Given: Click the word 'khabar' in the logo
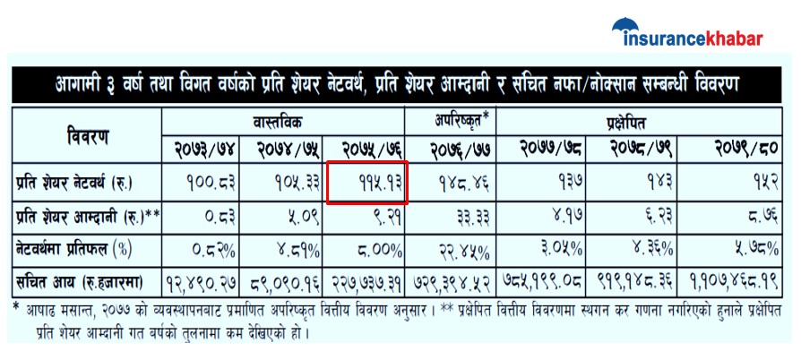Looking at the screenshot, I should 729,38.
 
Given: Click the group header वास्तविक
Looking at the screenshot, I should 283,120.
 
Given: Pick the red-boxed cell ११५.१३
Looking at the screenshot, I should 366,183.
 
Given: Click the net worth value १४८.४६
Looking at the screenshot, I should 464,183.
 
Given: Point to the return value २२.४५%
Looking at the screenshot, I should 464,245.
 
